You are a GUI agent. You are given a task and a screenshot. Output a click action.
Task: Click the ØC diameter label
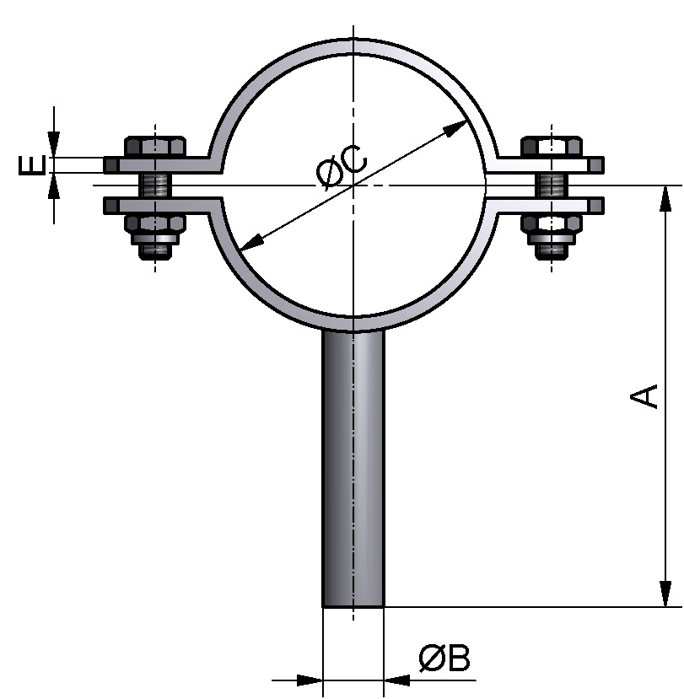click(x=342, y=166)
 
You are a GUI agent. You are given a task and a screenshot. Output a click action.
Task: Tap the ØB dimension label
click(x=444, y=659)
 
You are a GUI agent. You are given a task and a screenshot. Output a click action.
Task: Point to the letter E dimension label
click(x=32, y=164)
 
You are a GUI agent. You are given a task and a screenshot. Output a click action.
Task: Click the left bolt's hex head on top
click(x=155, y=145)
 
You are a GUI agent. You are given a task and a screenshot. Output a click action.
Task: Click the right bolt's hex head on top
click(x=551, y=145)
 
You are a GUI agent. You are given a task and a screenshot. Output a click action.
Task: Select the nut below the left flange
click(x=155, y=224)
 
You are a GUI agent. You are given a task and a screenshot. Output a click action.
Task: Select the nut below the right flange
click(x=551, y=224)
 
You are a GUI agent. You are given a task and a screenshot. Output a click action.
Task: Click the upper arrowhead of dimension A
click(x=666, y=198)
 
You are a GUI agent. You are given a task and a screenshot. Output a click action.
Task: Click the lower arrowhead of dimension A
click(x=666, y=592)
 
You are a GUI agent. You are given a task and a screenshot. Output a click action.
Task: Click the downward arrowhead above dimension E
click(x=55, y=145)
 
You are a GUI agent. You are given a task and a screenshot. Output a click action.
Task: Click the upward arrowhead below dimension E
click(x=55, y=185)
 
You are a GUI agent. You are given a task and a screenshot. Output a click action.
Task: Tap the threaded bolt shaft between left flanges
click(x=155, y=185)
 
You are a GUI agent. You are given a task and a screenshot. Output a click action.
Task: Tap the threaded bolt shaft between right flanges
click(x=551, y=185)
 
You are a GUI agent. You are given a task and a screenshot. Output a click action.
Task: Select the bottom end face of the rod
click(x=353, y=605)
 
